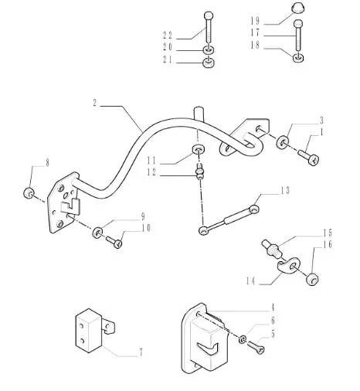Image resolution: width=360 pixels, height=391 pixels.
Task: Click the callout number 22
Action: (x=168, y=36)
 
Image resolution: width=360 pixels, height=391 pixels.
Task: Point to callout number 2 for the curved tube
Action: (x=95, y=104)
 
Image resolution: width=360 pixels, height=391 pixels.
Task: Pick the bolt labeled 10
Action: (x=114, y=244)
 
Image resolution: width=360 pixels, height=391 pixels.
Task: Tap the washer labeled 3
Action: (x=284, y=142)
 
